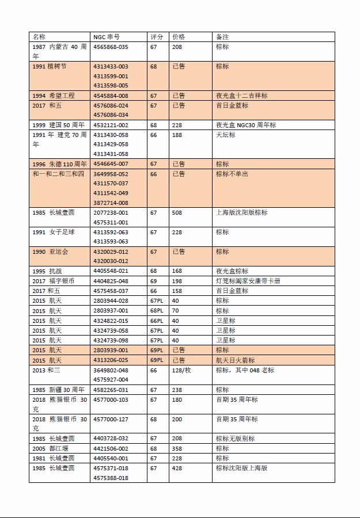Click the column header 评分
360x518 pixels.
click(157, 37)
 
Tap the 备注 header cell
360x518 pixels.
click(222, 37)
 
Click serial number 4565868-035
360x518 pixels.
click(111, 47)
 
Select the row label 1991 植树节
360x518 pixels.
click(50, 67)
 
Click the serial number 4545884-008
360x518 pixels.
click(111, 96)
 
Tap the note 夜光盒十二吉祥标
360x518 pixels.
click(241, 96)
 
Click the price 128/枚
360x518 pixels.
click(182, 370)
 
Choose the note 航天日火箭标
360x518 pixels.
click(235, 360)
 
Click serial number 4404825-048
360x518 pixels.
click(111, 281)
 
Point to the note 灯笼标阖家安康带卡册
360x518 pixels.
click(248, 281)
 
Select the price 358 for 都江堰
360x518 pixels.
click(177, 448)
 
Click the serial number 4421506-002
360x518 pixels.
click(111, 448)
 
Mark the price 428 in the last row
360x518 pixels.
click(177, 468)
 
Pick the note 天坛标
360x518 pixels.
click(226, 135)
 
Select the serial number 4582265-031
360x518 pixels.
click(111, 390)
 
